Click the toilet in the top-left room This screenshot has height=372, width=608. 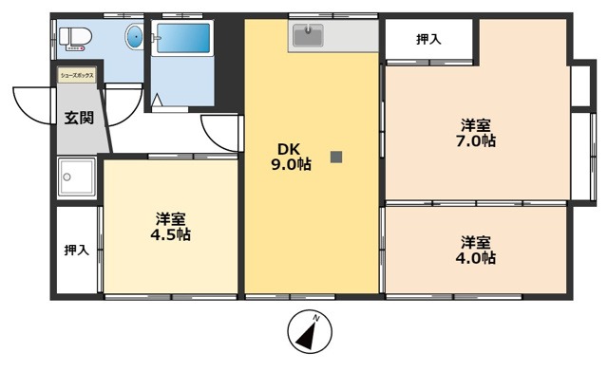pos(74,38)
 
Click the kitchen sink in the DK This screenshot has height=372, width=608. pos(307,37)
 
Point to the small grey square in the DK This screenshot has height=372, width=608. pos(335,158)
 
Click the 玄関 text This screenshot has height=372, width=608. pos(79,119)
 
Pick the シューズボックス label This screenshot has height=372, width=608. pos(76,73)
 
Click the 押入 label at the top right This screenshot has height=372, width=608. pos(428,39)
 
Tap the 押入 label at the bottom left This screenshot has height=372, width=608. pos(76,251)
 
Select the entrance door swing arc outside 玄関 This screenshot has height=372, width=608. pos(32,105)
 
